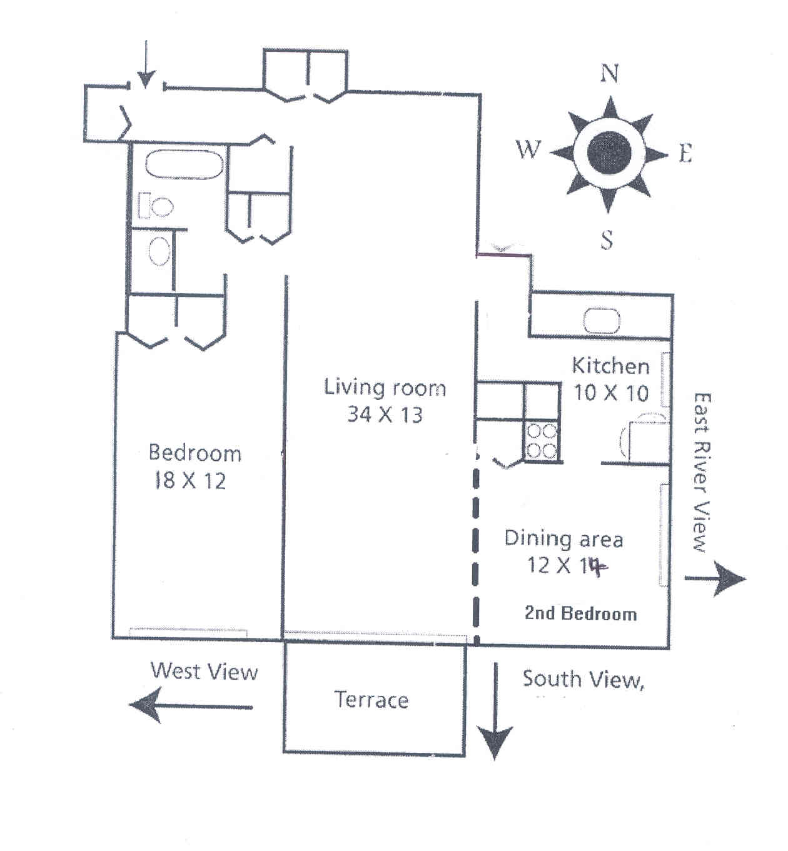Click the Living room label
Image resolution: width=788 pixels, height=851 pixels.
pyautogui.click(x=385, y=388)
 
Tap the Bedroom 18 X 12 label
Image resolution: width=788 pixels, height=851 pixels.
pyautogui.click(x=194, y=466)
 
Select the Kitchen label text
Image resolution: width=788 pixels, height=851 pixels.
pyautogui.click(x=610, y=366)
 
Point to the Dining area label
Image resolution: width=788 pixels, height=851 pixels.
pyautogui.click(x=563, y=538)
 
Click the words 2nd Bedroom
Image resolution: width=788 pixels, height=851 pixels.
pyautogui.click(x=580, y=613)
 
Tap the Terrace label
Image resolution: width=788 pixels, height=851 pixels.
pyautogui.click(x=371, y=699)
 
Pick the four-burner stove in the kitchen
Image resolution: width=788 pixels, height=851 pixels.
pyautogui.click(x=541, y=441)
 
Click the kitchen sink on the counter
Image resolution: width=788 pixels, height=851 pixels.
pyautogui.click(x=602, y=321)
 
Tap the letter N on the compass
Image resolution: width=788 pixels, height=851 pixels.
pyautogui.click(x=609, y=74)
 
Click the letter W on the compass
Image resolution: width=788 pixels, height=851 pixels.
pyautogui.click(x=528, y=150)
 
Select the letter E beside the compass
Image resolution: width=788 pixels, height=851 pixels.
pyautogui.click(x=685, y=153)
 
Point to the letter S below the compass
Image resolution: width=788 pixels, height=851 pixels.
pyautogui.click(x=607, y=239)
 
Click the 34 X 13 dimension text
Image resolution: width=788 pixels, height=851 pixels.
pyautogui.click(x=385, y=414)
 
